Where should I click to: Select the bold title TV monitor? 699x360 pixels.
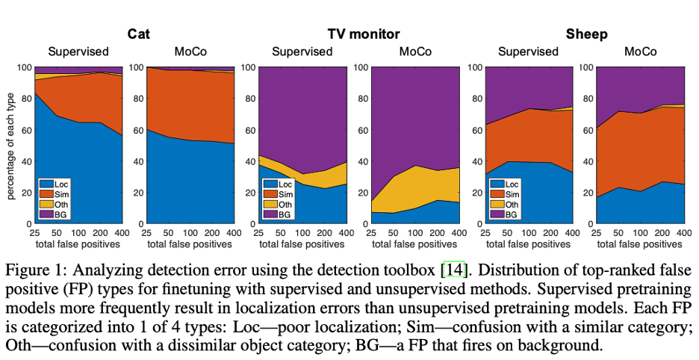pos(363,34)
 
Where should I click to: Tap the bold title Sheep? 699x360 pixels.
pos(586,34)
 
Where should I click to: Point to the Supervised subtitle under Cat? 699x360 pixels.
pos(78,52)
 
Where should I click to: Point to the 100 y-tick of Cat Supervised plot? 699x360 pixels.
pos(24,67)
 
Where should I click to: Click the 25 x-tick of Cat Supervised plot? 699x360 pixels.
pos(34,233)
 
